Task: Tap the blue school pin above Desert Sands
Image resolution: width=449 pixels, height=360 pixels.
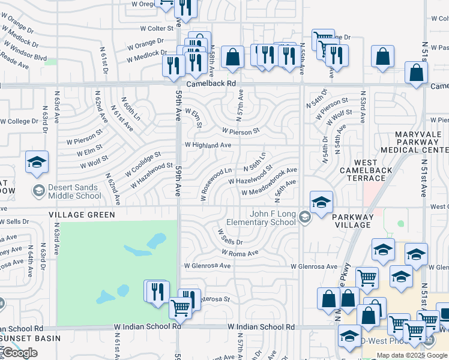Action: coord(37,163)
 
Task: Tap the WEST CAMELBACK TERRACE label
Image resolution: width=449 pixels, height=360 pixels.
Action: coord(366,170)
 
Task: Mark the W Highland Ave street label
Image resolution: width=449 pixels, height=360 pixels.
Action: coord(208,145)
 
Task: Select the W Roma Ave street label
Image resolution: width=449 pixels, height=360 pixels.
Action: coord(239,253)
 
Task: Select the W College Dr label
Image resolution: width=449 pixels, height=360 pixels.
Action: coord(19,121)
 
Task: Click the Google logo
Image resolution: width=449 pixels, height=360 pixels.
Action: coord(20,353)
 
